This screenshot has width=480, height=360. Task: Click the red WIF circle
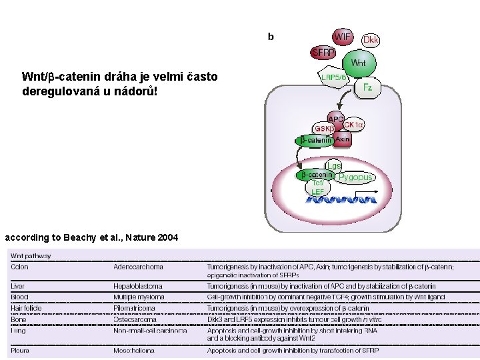343,37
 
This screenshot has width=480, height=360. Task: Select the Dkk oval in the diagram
371,41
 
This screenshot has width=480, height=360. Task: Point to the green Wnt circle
358,63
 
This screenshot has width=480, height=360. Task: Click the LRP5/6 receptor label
334,78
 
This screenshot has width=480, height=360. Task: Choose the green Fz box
367,87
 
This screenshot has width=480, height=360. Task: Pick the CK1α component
353,125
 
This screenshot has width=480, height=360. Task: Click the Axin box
343,140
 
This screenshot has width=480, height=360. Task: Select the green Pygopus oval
355,177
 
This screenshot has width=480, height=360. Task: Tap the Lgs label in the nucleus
334,165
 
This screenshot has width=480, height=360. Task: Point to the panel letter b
270,37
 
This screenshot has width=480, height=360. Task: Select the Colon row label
20,267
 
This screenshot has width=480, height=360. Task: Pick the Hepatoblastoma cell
138,287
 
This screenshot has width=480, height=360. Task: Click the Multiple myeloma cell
139,297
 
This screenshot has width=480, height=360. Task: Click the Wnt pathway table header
31,256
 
